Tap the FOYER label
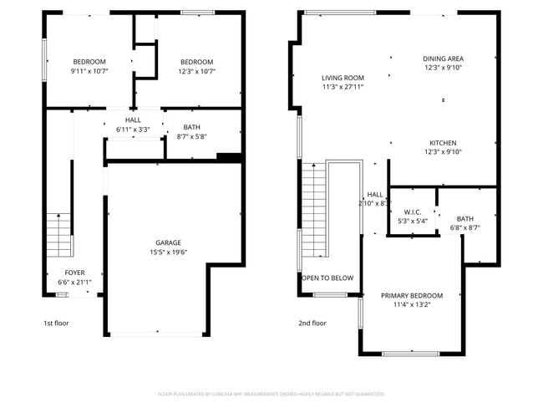pyautogui.click(x=74, y=273)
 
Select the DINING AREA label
pyautogui.click(x=443, y=59)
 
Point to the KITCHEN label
pyautogui.click(x=443, y=142)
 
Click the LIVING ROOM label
pyautogui.click(x=343, y=78)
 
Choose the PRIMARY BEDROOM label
pyautogui.click(x=411, y=295)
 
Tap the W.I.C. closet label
pyautogui.click(x=411, y=212)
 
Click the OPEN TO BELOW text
pyautogui.click(x=327, y=278)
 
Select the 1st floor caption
pyautogui.click(x=56, y=323)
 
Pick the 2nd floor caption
pyautogui.click(x=312, y=323)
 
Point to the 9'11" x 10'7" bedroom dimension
pyautogui.click(x=89, y=71)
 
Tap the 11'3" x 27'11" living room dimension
pyautogui.click(x=343, y=87)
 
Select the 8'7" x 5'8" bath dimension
pyautogui.click(x=191, y=136)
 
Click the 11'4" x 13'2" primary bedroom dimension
pyautogui.click(x=411, y=305)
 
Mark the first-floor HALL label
pyautogui.click(x=133, y=120)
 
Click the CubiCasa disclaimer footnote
pyautogui.click(x=271, y=394)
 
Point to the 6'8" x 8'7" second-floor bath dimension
pyautogui.click(x=464, y=227)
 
